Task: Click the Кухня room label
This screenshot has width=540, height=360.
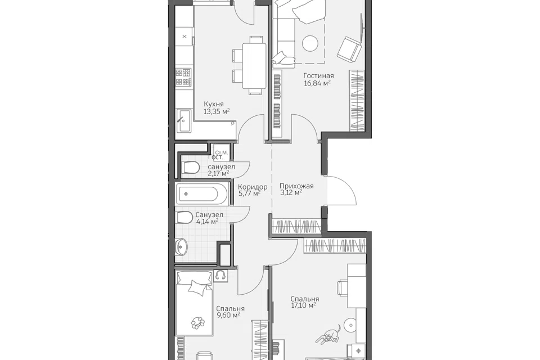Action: (214, 104)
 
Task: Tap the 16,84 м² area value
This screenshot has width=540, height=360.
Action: (317, 83)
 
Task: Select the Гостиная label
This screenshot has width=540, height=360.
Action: (318, 75)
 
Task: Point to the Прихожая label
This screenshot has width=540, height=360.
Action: (296, 186)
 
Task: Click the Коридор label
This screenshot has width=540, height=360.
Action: (253, 187)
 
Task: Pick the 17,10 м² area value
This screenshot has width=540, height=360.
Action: (303, 305)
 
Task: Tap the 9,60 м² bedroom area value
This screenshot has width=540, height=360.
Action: (228, 315)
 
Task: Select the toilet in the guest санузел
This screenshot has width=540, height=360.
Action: (191, 168)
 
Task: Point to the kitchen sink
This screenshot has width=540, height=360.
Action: (184, 120)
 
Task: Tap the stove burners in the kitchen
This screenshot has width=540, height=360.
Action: (183, 77)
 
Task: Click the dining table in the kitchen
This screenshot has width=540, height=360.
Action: (254, 65)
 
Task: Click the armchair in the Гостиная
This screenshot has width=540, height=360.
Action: (349, 49)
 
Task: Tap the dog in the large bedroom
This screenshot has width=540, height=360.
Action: (329, 336)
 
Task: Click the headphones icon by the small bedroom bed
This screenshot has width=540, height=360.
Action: (220, 275)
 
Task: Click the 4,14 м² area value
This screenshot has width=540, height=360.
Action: (207, 222)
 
